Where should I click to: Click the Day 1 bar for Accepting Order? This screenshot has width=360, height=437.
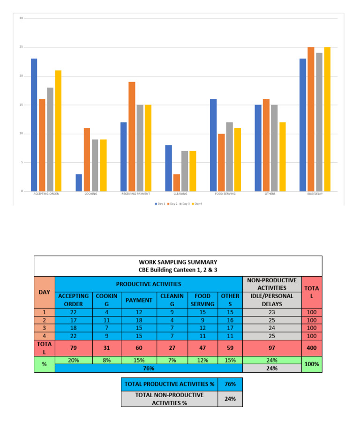click(x=34, y=125)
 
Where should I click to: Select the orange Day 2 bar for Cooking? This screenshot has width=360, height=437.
click(x=87, y=159)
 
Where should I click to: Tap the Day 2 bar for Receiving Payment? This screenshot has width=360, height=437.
click(x=132, y=136)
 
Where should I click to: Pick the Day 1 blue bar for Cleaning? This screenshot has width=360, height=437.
click(x=168, y=168)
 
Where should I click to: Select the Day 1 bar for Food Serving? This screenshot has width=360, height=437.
click(x=213, y=145)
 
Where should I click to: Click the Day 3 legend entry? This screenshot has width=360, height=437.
click(x=185, y=203)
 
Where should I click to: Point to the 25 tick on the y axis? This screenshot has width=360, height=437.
click(x=21, y=47)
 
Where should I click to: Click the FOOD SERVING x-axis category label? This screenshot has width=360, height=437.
click(x=225, y=194)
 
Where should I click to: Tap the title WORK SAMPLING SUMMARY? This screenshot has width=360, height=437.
click(x=178, y=262)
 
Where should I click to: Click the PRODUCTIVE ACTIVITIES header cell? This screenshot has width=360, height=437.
click(x=149, y=284)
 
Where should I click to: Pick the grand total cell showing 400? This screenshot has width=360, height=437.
click(x=312, y=347)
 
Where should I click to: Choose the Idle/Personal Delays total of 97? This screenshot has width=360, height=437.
click(x=272, y=347)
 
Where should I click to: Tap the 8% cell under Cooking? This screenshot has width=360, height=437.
click(x=106, y=360)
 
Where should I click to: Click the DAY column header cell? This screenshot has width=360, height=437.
click(x=45, y=292)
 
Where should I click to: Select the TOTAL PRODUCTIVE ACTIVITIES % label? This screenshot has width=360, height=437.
click(x=170, y=384)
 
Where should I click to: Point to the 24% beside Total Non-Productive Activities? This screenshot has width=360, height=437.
click(x=230, y=399)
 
